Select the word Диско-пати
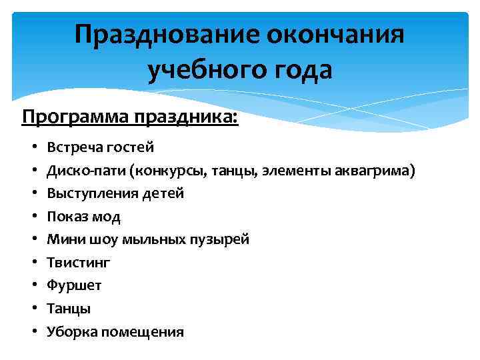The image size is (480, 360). click(87, 171)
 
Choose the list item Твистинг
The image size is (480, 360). click(79, 263)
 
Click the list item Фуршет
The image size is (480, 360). click(74, 285)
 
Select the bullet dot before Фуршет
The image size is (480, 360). click(33, 285)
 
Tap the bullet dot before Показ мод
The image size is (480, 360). click(33, 217)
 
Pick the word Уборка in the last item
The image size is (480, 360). click(70, 331)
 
